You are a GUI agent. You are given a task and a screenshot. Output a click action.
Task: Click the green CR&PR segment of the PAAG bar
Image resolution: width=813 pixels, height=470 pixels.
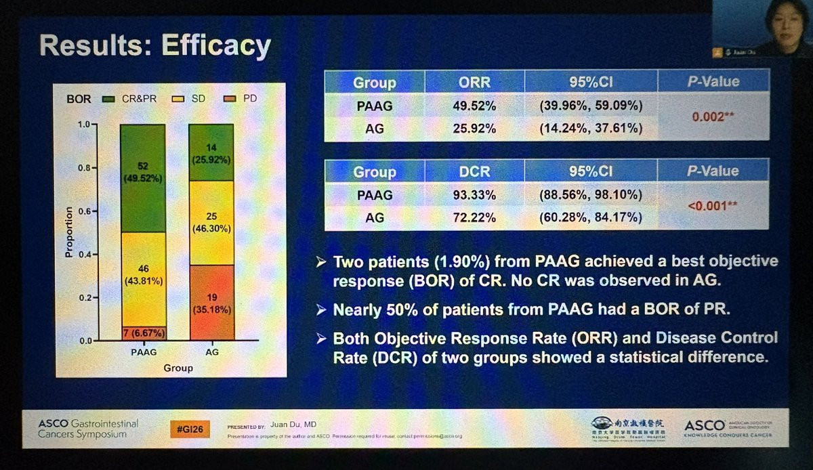(142, 178)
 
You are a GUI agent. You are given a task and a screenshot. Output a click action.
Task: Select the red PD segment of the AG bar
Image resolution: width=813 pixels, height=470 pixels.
(212, 301)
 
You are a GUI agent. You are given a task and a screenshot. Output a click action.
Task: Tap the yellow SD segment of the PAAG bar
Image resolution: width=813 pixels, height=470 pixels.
(142, 279)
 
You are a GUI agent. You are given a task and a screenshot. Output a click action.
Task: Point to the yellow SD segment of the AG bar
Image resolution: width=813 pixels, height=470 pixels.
(212, 223)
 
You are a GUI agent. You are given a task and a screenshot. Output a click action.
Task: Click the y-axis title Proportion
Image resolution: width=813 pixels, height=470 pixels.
(69, 232)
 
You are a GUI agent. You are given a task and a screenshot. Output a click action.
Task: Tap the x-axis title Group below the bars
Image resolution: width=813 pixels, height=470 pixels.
(178, 368)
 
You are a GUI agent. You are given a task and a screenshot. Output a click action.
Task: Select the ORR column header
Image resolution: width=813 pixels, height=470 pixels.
(474, 82)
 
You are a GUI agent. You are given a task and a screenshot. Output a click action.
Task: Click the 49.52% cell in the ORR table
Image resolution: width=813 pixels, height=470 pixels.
(474, 106)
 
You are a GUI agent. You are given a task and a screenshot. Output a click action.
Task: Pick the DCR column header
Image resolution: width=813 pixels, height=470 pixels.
(474, 172)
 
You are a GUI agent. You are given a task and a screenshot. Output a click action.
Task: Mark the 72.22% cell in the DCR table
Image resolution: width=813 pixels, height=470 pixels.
(474, 218)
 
